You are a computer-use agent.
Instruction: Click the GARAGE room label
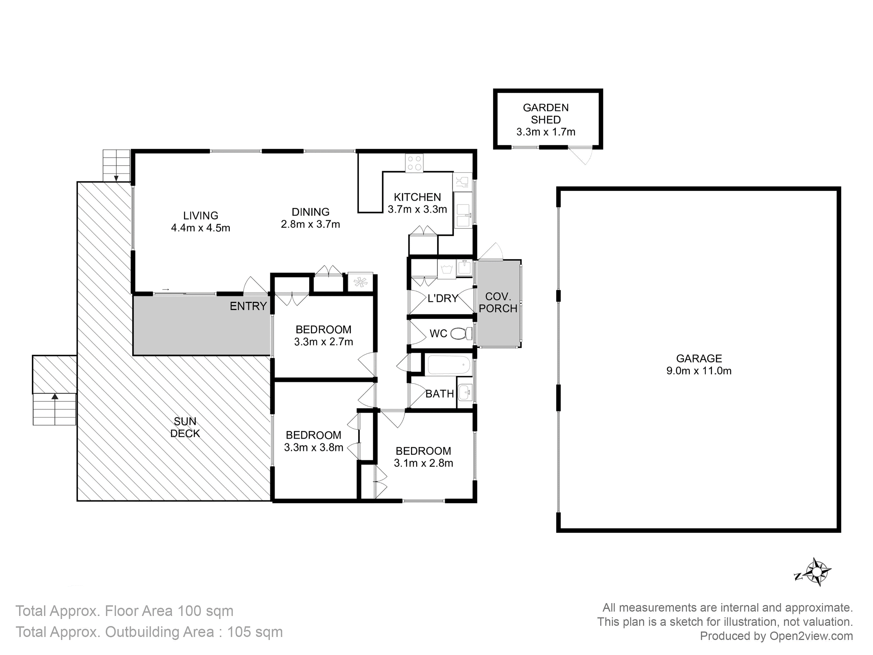699,359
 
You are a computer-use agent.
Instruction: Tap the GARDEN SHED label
546,114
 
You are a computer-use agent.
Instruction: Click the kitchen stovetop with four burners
414,163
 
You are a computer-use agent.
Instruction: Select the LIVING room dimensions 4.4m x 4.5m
201,228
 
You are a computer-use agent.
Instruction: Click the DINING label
311,212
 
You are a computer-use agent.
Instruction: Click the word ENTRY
248,306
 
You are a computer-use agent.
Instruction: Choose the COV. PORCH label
498,302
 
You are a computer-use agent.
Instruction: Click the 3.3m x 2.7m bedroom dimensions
324,341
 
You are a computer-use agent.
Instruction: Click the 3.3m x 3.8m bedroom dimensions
314,447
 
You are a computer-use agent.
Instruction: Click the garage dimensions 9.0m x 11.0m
699,371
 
